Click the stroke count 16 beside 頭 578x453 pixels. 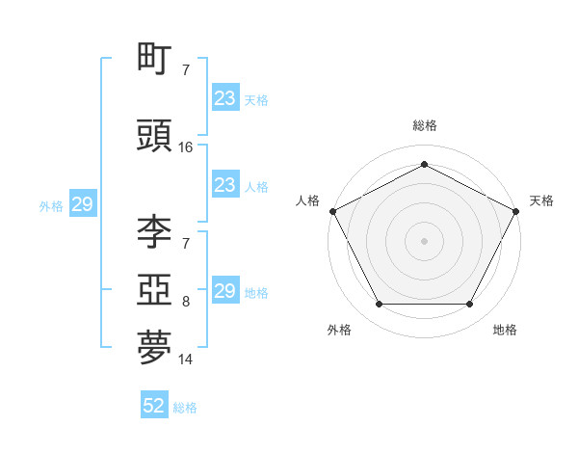pyautogui.click(x=186, y=147)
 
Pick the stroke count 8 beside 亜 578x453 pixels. pyautogui.click(x=186, y=302)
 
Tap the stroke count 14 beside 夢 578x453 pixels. pyautogui.click(x=186, y=360)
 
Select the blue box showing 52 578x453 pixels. pyautogui.click(x=154, y=407)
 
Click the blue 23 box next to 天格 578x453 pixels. pyautogui.click(x=224, y=98)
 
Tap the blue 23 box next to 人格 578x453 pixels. pyautogui.click(x=224, y=185)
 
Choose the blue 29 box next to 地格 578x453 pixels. pyautogui.click(x=224, y=291)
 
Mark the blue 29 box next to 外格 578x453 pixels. pyautogui.click(x=82, y=205)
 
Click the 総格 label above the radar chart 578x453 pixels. pyautogui.click(x=424, y=126)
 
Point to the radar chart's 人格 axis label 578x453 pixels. pyautogui.click(x=308, y=200)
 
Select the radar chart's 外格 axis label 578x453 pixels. pyautogui.click(x=339, y=331)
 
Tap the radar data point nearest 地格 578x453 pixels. pyautogui.click(x=469, y=305)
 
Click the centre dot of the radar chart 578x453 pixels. pyautogui.click(x=424, y=240)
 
